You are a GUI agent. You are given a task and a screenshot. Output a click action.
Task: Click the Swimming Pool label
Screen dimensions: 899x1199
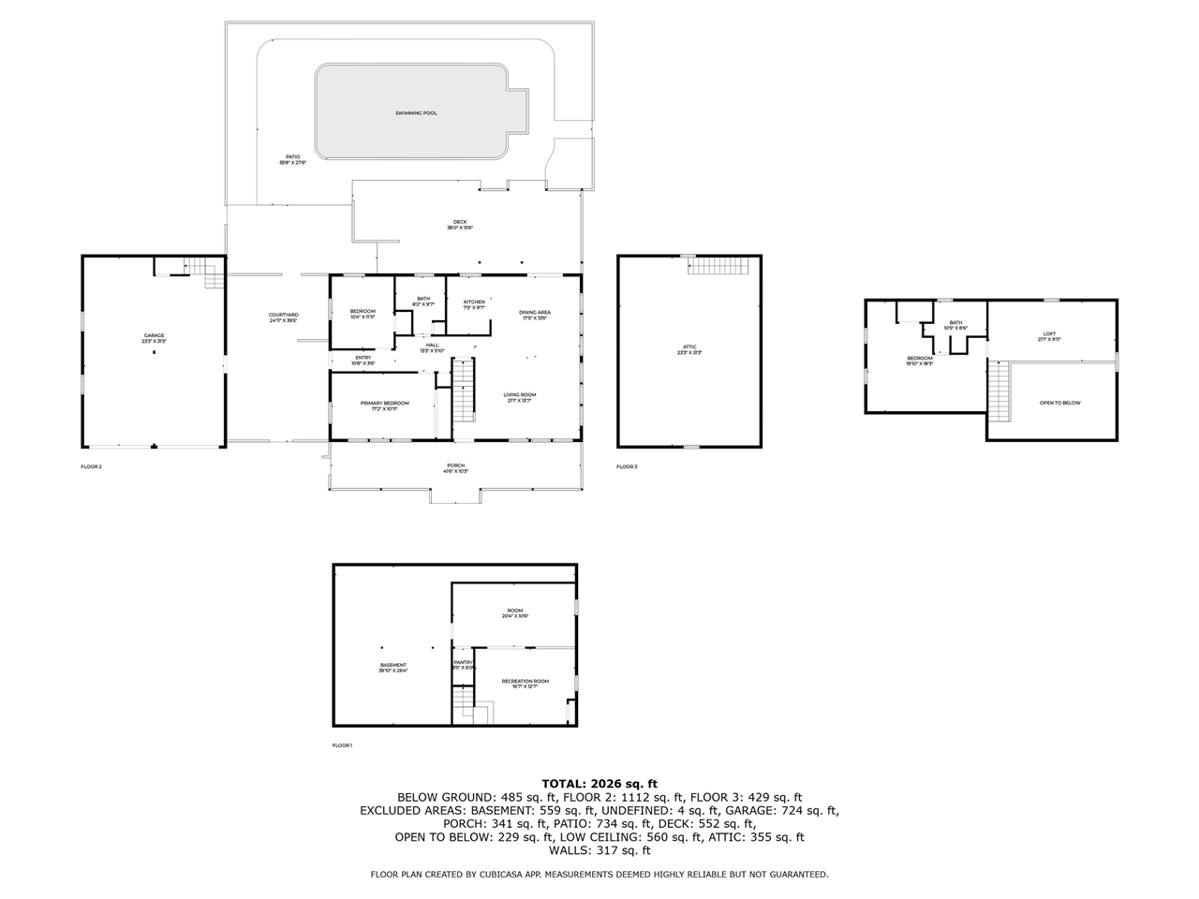(416, 113)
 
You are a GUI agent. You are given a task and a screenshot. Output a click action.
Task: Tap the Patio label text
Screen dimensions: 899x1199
(292, 157)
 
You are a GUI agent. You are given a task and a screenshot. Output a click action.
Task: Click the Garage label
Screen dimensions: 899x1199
(154, 335)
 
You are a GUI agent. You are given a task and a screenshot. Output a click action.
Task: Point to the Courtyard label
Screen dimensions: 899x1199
(283, 315)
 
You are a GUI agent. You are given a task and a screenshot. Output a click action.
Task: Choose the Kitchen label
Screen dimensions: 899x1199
(474, 302)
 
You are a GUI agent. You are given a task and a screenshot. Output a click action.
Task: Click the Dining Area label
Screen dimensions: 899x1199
(535, 312)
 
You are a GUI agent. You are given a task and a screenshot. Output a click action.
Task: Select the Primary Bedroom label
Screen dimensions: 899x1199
(384, 403)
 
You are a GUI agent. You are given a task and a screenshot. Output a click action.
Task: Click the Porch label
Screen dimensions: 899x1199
(455, 465)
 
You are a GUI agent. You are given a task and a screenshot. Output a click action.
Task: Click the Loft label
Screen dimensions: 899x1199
(1049, 333)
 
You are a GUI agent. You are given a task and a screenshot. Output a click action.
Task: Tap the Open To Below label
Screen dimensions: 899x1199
(1059, 403)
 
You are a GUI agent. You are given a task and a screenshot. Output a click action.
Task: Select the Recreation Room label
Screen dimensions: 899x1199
(525, 681)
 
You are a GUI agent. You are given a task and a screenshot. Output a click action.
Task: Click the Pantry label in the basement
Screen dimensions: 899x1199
(463, 662)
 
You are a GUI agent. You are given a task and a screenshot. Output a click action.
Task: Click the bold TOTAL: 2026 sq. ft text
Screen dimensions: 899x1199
(599, 783)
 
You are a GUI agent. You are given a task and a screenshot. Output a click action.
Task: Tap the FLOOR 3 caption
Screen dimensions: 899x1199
(627, 466)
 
